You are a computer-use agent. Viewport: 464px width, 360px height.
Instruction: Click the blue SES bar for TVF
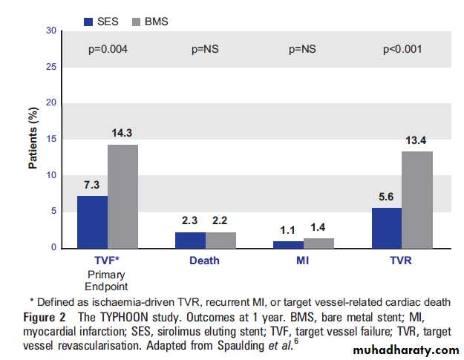92,221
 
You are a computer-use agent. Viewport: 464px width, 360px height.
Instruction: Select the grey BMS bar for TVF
122,196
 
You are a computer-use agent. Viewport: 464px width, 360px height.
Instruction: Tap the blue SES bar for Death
190,239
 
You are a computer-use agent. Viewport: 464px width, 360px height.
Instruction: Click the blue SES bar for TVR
387,227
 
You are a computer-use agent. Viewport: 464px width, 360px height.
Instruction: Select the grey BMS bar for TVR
417,199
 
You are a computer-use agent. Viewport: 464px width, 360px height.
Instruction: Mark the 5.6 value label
387,198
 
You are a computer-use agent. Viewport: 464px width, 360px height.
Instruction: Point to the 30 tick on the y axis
51,30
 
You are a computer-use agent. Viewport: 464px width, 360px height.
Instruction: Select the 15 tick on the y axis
51,139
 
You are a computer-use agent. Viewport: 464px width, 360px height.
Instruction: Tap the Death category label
205,261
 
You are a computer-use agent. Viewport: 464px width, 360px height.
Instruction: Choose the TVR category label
402,261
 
